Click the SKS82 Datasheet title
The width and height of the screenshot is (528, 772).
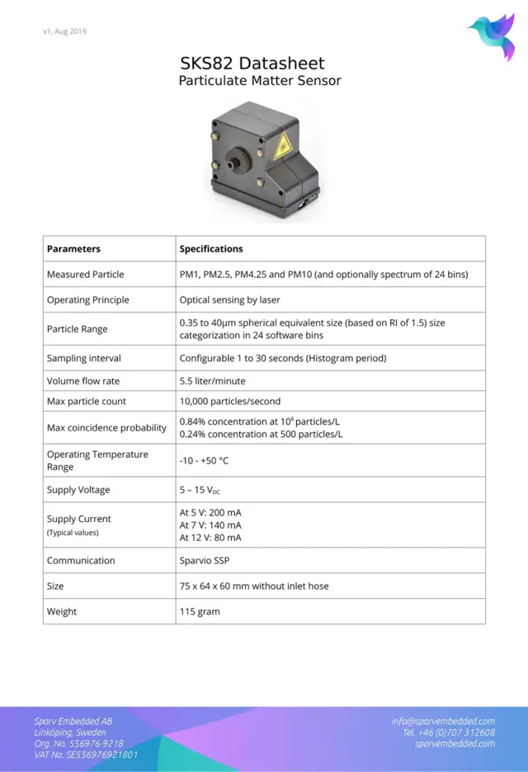pos(252,64)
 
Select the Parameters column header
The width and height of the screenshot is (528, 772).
pos(73,248)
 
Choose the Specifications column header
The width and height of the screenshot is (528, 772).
pos(211,248)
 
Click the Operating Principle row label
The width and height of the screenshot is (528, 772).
pos(87,300)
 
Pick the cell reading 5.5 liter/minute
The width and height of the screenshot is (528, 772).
pos(212,381)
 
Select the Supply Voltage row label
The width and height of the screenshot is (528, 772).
pos(78,490)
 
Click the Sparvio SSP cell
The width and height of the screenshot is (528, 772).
pos(205,561)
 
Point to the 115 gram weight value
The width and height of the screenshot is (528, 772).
pos(200,612)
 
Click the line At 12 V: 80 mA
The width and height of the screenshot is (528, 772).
pos(210,538)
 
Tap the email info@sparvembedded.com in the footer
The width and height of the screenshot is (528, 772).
pos(443,722)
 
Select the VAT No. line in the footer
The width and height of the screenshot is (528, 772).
pos(86,755)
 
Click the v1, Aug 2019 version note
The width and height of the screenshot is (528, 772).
pos(64,31)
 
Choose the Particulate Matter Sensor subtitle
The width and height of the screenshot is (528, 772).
pos(260,82)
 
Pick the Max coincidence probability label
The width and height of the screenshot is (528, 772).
pos(106,428)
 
